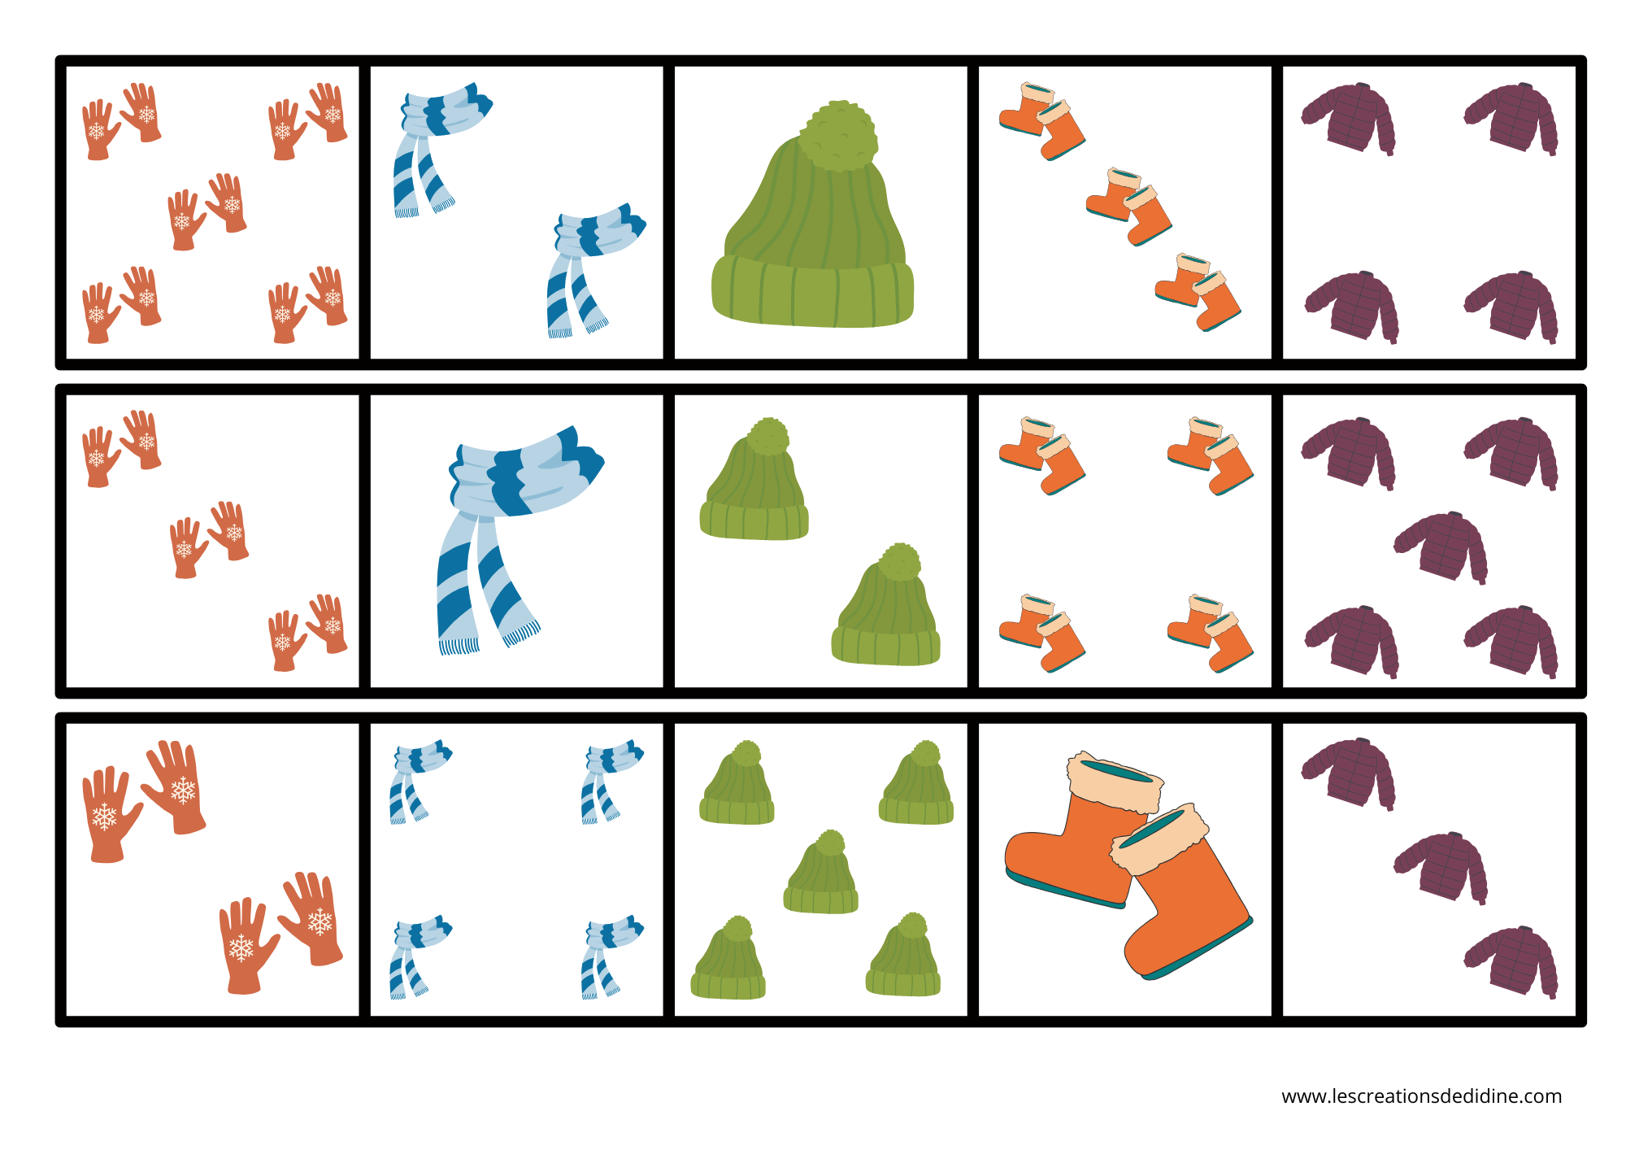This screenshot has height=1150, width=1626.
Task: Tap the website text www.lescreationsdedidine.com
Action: coord(1421,1096)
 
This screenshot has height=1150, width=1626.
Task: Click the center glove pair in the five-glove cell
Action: coord(207,210)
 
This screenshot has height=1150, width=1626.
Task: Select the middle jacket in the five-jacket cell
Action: coord(1441,547)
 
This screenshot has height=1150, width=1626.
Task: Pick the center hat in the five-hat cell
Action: coord(821,874)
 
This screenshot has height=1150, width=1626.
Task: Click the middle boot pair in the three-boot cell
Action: coord(1129,207)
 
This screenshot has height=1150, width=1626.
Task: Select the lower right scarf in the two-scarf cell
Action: coord(592,268)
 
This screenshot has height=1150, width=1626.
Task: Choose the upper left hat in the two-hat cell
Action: coord(754,484)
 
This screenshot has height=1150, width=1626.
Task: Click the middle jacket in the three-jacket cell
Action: coord(1441,866)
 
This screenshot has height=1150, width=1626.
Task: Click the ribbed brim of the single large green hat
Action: coord(813,293)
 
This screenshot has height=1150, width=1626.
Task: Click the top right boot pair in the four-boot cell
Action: coord(1211,455)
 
